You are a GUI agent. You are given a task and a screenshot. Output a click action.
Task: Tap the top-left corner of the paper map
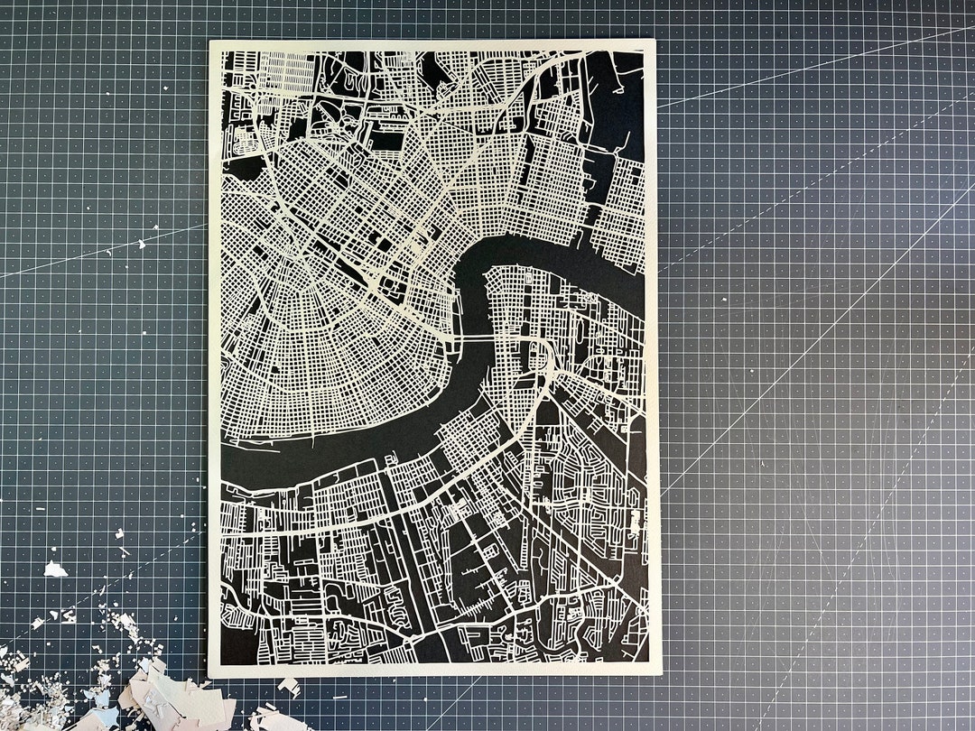coord(210,42)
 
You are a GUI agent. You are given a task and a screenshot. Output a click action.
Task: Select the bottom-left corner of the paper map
coord(209,675)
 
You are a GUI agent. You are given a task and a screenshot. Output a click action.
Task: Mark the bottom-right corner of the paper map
coord(660,672)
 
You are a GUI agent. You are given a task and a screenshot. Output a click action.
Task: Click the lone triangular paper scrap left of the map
coord(55,569)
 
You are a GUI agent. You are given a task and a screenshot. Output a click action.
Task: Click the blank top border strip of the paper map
coord(433,45)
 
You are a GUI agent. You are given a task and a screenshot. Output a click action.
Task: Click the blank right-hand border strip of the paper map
coord(653,361)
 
